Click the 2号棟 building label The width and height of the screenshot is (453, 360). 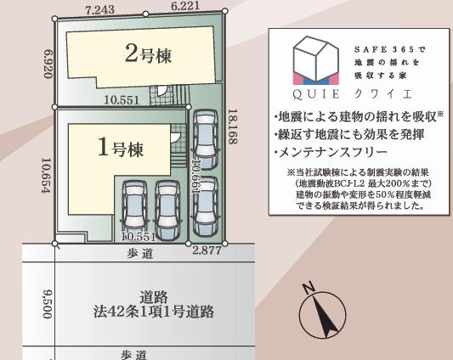point(148,53)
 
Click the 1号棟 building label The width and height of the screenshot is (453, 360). point(121,147)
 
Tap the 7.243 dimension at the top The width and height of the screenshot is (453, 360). point(100,10)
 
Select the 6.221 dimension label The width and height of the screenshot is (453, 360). point(185,6)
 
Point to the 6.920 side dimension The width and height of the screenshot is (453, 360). point(48,64)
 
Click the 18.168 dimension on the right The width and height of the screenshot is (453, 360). point(233,127)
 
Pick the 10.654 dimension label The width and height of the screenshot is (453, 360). point(46,175)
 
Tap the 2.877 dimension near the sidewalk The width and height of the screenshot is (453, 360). point(207,250)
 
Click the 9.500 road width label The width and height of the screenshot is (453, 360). point(48,304)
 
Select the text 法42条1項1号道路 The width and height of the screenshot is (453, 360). point(153,312)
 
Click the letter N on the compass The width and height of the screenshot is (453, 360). point(309,287)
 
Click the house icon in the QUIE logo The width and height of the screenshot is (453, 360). point(316,60)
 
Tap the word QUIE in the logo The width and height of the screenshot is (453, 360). point(316,94)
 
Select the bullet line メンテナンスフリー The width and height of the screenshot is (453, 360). point(331,152)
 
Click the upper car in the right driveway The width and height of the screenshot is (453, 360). point(206,140)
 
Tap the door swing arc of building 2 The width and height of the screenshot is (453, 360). point(162,90)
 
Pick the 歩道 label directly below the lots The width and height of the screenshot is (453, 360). point(140,254)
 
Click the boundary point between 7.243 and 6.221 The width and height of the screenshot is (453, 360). point(146,14)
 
